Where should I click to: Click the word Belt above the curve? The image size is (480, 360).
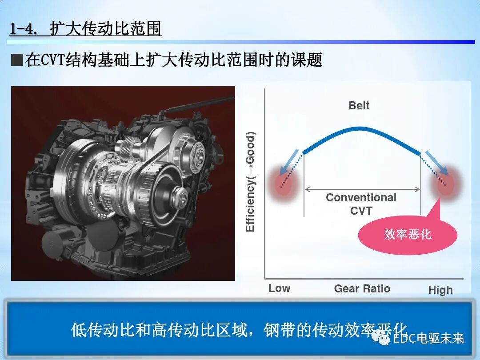[359, 105]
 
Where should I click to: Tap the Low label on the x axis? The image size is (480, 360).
[279, 288]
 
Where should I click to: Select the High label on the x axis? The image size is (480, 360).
[440, 290]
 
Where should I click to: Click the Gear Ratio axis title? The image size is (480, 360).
[362, 288]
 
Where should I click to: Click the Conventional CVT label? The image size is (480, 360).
[361, 204]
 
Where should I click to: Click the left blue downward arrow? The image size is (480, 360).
[292, 160]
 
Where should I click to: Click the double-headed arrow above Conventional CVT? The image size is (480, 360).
[362, 189]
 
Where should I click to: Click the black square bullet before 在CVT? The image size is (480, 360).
[17, 60]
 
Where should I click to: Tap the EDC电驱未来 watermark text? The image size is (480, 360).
[428, 339]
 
